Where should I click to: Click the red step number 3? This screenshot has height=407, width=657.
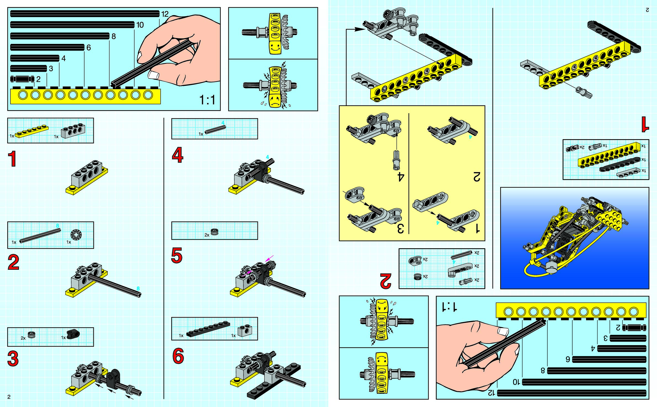(x=13, y=358)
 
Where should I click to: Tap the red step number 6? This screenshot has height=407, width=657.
(x=178, y=356)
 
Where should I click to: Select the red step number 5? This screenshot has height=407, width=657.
(x=177, y=255)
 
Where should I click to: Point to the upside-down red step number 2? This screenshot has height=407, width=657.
(x=386, y=281)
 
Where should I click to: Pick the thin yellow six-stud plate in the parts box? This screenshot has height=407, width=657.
(x=32, y=131)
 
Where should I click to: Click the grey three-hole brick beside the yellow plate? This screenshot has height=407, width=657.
(x=73, y=130)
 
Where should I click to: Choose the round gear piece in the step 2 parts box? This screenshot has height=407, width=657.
(x=76, y=234)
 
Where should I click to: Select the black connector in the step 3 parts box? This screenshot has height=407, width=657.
(x=73, y=334)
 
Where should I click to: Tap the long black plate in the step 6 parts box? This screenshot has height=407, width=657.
(x=208, y=329)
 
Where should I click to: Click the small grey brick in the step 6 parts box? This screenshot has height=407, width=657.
(x=245, y=330)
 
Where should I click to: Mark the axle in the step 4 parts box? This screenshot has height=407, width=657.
(x=215, y=129)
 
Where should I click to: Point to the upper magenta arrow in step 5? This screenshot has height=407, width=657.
(x=269, y=258)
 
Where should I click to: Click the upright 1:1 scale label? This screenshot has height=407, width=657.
(x=207, y=100)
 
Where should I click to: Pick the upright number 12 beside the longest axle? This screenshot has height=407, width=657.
(x=165, y=14)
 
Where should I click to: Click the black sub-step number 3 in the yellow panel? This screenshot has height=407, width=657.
(x=400, y=228)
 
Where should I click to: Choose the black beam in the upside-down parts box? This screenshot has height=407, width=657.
(x=620, y=165)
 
